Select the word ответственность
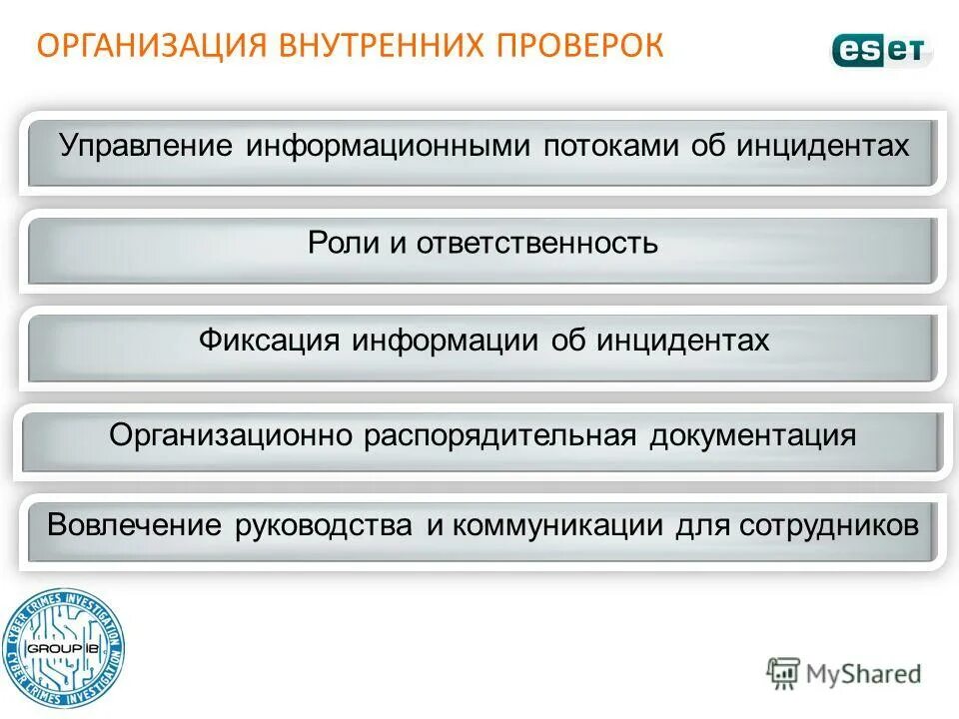tap(537, 243)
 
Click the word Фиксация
tap(269, 340)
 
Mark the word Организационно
tap(232, 436)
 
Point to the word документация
tap(753, 436)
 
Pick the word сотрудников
tap(829, 525)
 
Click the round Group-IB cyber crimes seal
tap(63, 648)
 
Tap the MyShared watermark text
tap(863, 674)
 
